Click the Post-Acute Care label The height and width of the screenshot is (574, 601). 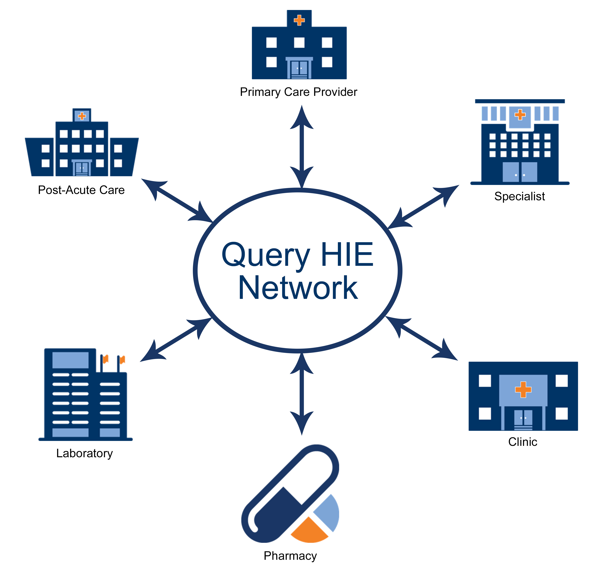(81, 190)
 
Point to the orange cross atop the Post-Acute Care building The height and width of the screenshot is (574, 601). (82, 116)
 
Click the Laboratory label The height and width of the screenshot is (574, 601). (85, 453)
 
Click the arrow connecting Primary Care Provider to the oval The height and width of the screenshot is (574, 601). (302, 147)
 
